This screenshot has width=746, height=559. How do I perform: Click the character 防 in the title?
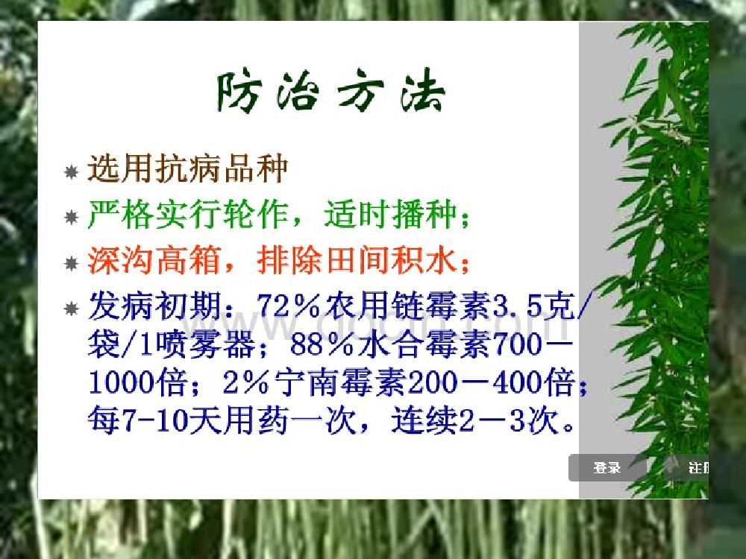(239, 92)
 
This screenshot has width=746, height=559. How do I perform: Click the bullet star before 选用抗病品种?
(72, 171)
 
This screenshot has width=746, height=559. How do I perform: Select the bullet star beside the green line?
(72, 217)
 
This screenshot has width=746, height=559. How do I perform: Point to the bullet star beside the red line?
(72, 263)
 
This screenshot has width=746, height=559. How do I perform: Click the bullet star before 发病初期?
(72, 309)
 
